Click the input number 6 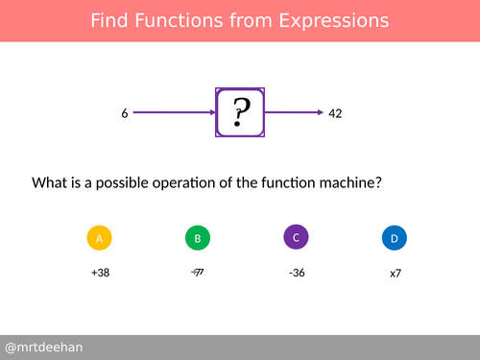[x=125, y=113]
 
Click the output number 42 [x=335, y=113]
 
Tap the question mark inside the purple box [x=241, y=113]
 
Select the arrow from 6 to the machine [x=173, y=113]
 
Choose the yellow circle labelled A [x=100, y=238]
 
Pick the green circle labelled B [x=197, y=238]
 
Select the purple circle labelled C [x=297, y=237]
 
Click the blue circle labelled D [x=395, y=238]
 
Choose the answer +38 [x=100, y=273]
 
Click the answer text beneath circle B [x=198, y=273]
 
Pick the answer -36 [x=297, y=273]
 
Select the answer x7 [x=395, y=274]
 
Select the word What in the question [x=50, y=181]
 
